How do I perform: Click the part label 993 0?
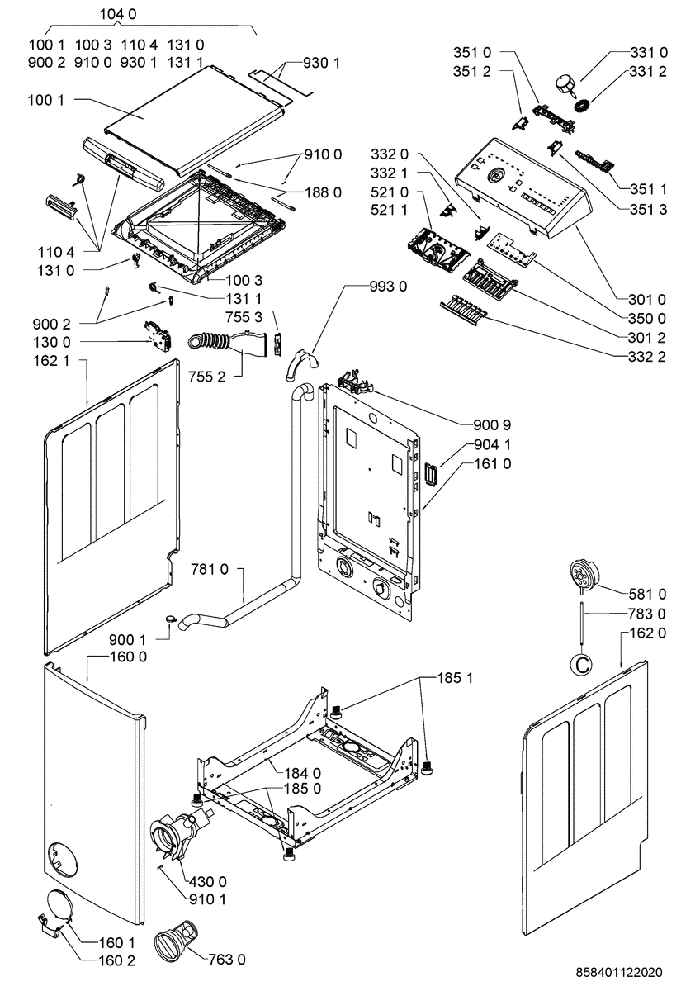388,287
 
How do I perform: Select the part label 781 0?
210,568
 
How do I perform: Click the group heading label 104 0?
118,14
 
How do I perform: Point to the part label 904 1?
492,444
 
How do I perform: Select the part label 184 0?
303,773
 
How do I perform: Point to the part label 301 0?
647,300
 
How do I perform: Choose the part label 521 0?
390,192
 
